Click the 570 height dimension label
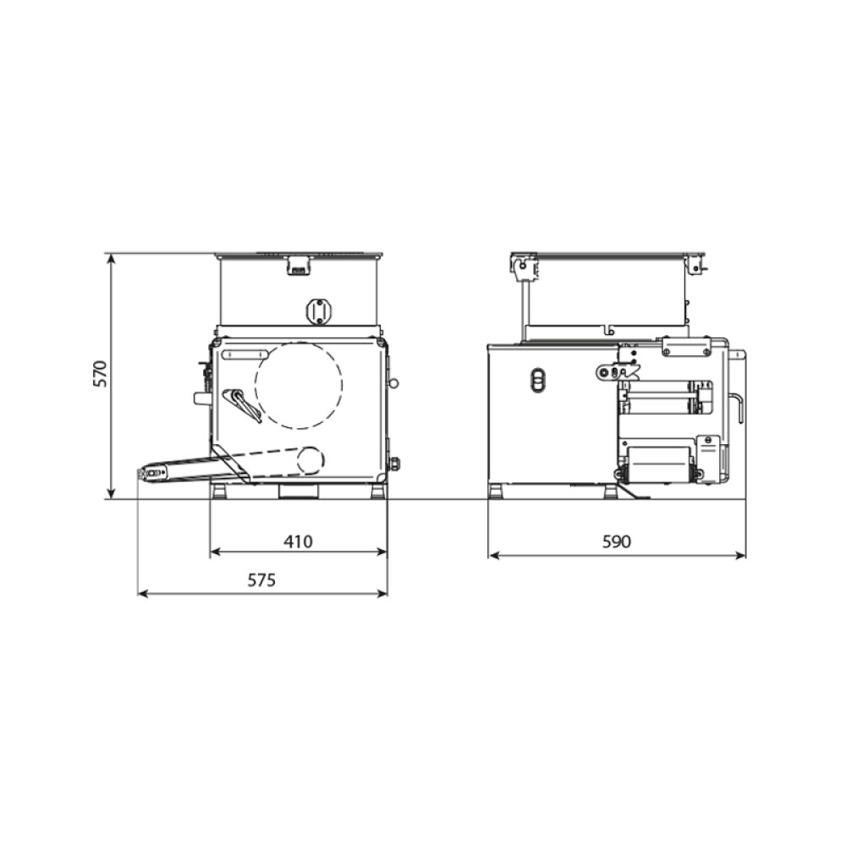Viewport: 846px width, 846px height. pyautogui.click(x=101, y=373)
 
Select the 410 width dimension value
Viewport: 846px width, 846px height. pyautogui.click(x=298, y=541)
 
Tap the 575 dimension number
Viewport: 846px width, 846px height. pyautogui.click(x=261, y=580)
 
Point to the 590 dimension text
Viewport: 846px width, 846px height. pyautogui.click(x=616, y=541)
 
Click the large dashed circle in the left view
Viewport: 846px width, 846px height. pyautogui.click(x=255, y=385)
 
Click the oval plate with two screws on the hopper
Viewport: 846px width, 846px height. pyautogui.click(x=319, y=311)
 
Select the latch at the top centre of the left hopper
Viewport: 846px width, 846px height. pyautogui.click(x=299, y=266)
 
